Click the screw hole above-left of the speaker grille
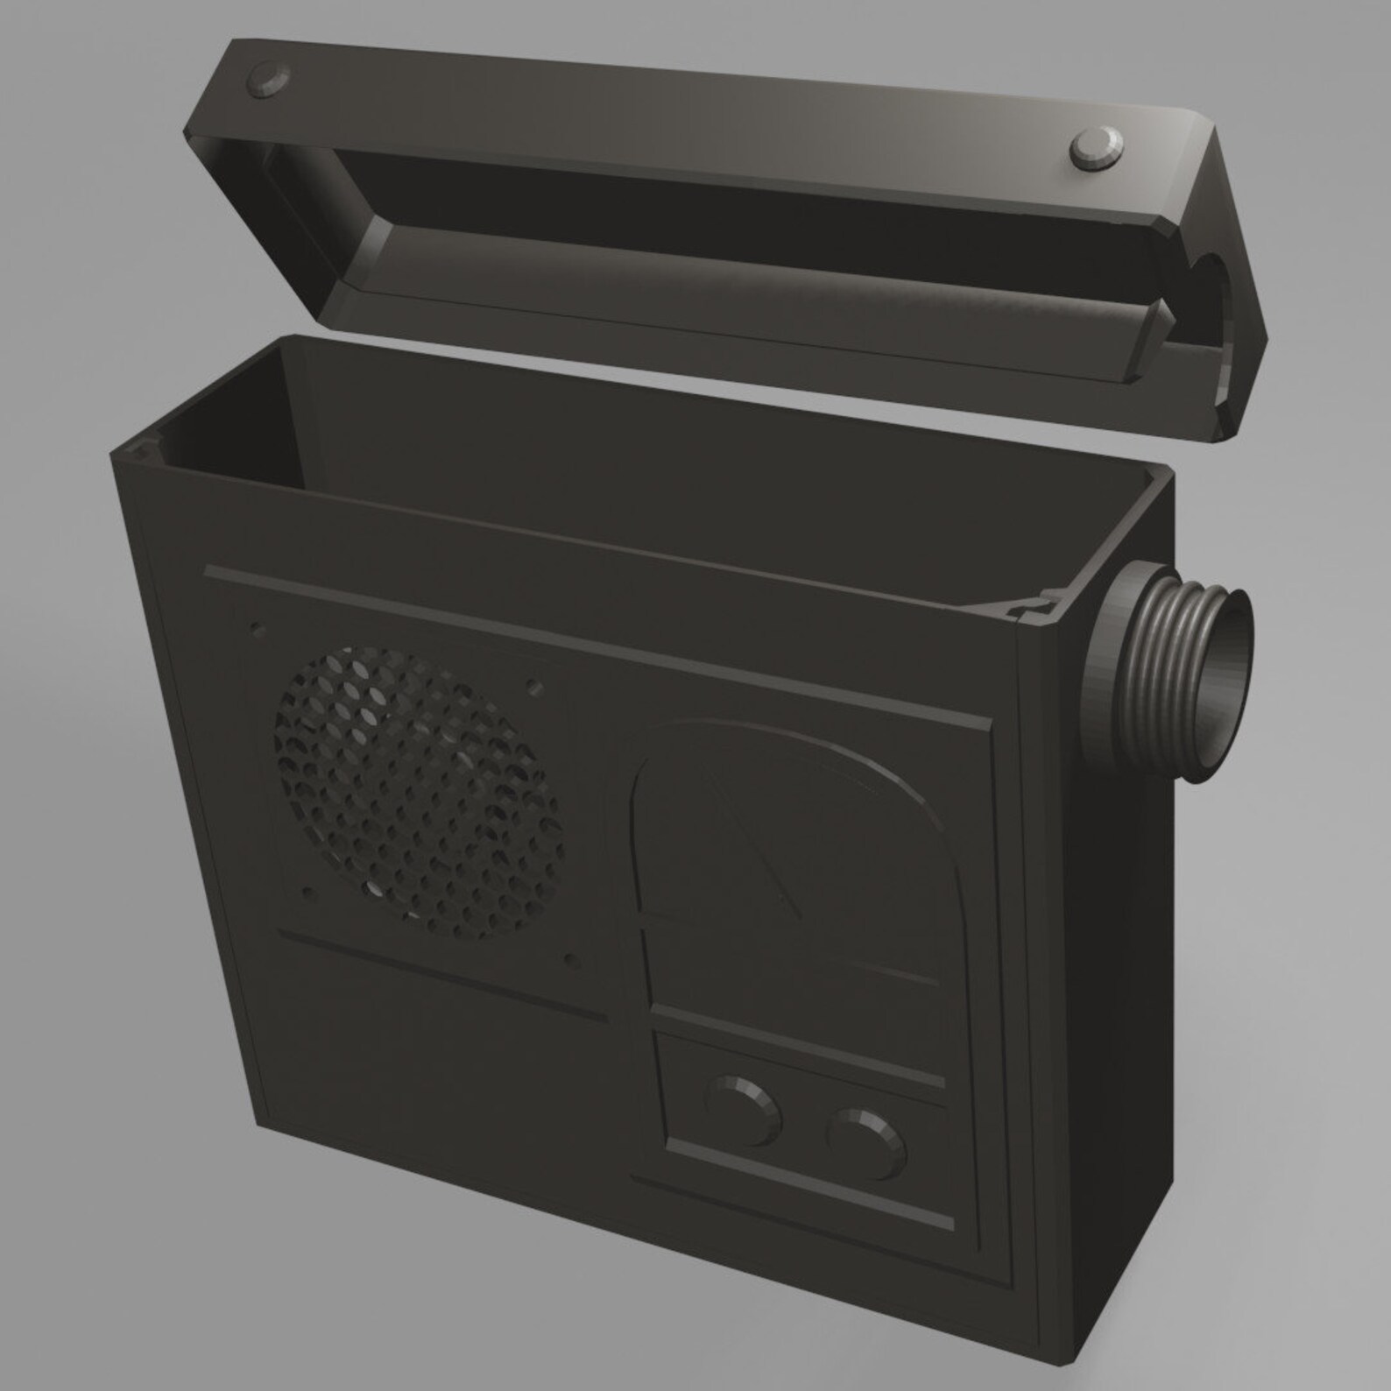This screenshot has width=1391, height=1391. click(x=258, y=630)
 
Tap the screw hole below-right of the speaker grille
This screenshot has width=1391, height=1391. click(x=571, y=960)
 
